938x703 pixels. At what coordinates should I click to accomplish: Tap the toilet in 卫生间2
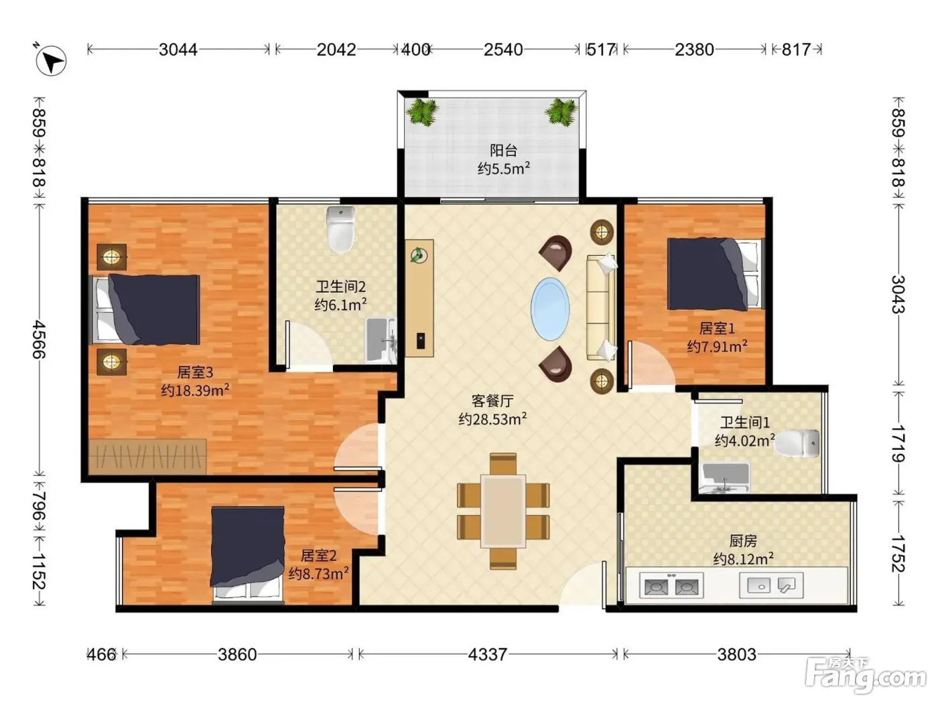point(340,229)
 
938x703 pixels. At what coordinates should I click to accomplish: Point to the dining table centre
point(503,511)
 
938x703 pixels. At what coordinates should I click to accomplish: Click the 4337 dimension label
point(488,654)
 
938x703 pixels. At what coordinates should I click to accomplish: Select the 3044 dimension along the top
point(178,50)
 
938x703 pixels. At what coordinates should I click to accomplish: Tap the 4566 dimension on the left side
point(40,339)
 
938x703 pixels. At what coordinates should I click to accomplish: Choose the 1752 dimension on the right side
point(898,553)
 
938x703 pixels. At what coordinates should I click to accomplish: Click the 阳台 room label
point(503,150)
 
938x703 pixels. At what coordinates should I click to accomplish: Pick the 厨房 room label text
point(743,541)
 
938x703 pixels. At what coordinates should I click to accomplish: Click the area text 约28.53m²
point(492,418)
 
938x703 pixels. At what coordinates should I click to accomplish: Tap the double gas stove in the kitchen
point(671,586)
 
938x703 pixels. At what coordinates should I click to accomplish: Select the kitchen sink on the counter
point(771,584)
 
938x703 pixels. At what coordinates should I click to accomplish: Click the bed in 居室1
point(714,274)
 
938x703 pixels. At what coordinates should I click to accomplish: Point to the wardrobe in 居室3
point(148,456)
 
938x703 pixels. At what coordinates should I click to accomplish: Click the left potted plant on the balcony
point(422,112)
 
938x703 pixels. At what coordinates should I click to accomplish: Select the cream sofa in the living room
point(601,307)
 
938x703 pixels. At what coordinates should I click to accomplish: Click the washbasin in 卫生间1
point(724,477)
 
